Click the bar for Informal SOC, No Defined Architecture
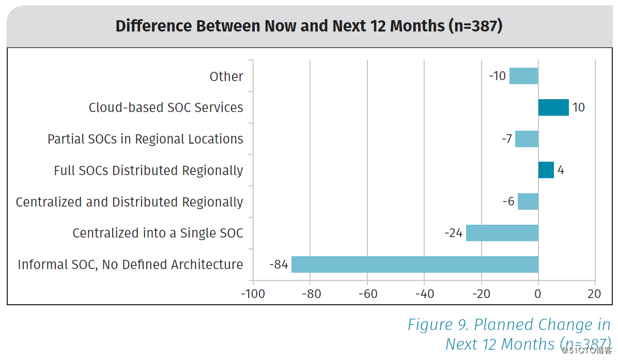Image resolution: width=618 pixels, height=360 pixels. pos(415,264)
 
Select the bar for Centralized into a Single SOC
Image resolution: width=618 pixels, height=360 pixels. pos(502,233)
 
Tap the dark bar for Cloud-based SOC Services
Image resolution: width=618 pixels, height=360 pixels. pos(553,107)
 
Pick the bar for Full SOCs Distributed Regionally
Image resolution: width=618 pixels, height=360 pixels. pos(546,170)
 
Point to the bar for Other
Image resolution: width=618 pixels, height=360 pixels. pos(524,76)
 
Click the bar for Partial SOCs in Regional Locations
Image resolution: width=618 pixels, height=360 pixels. pos(527,139)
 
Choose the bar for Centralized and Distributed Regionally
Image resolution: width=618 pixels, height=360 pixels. pos(528,201)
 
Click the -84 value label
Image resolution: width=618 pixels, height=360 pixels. pos(278,264)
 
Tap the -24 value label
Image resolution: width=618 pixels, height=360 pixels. pos(453,233)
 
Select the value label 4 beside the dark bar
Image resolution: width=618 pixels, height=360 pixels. pos(561,170)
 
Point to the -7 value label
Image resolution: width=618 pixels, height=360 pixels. pos(506,139)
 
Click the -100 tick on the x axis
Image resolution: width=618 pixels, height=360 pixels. pos(253,294)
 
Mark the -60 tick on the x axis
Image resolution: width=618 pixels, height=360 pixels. pos(367,294)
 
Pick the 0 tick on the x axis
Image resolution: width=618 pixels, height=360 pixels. pos(538,294)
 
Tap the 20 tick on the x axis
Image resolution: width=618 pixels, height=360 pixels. pos(595,294)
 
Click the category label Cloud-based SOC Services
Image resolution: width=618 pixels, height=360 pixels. pos(166,107)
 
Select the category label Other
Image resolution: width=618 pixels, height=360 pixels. pos(226,76)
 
